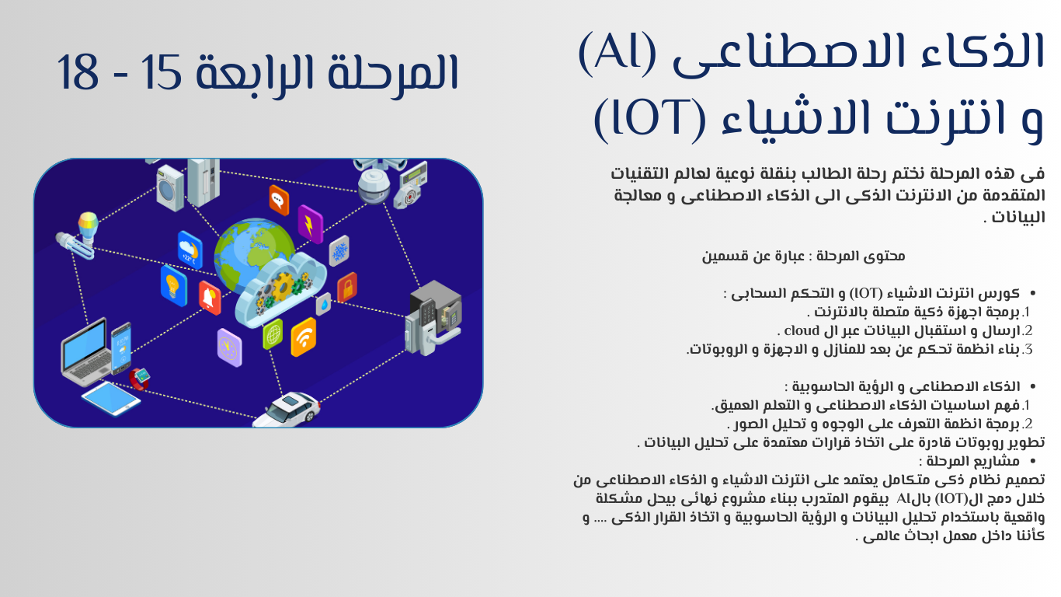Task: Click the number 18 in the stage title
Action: click(78, 72)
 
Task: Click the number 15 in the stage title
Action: click(161, 72)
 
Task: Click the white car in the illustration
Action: click(287, 409)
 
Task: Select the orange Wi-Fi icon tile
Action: click(304, 337)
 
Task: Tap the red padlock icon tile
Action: click(347, 288)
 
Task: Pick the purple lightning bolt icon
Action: click(310, 225)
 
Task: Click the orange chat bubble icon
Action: click(279, 200)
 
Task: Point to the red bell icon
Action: click(210, 298)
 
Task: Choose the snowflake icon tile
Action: click(339, 250)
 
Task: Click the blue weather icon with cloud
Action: click(190, 250)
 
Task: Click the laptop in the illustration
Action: click(85, 351)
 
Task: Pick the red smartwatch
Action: click(140, 379)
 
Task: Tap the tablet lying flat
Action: click(111, 399)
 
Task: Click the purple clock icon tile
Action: click(230, 347)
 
